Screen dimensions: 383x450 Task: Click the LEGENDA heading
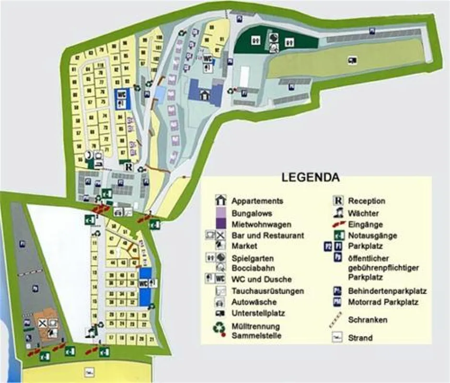(311, 178)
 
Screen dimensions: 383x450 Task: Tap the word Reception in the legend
(367, 201)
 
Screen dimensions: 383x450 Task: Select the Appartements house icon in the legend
(220, 201)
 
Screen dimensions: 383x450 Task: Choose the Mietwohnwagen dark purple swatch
(220, 224)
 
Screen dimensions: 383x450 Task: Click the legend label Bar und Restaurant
(267, 236)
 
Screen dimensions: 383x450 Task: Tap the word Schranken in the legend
(368, 320)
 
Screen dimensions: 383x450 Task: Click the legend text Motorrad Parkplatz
(383, 302)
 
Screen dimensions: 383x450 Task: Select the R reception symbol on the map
(129, 167)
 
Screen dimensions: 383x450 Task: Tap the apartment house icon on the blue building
(205, 94)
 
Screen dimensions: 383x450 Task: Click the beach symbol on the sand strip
(88, 371)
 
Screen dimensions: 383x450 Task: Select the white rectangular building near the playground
(244, 76)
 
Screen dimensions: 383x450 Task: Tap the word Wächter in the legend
(363, 213)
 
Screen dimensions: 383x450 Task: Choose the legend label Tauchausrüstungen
(267, 291)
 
